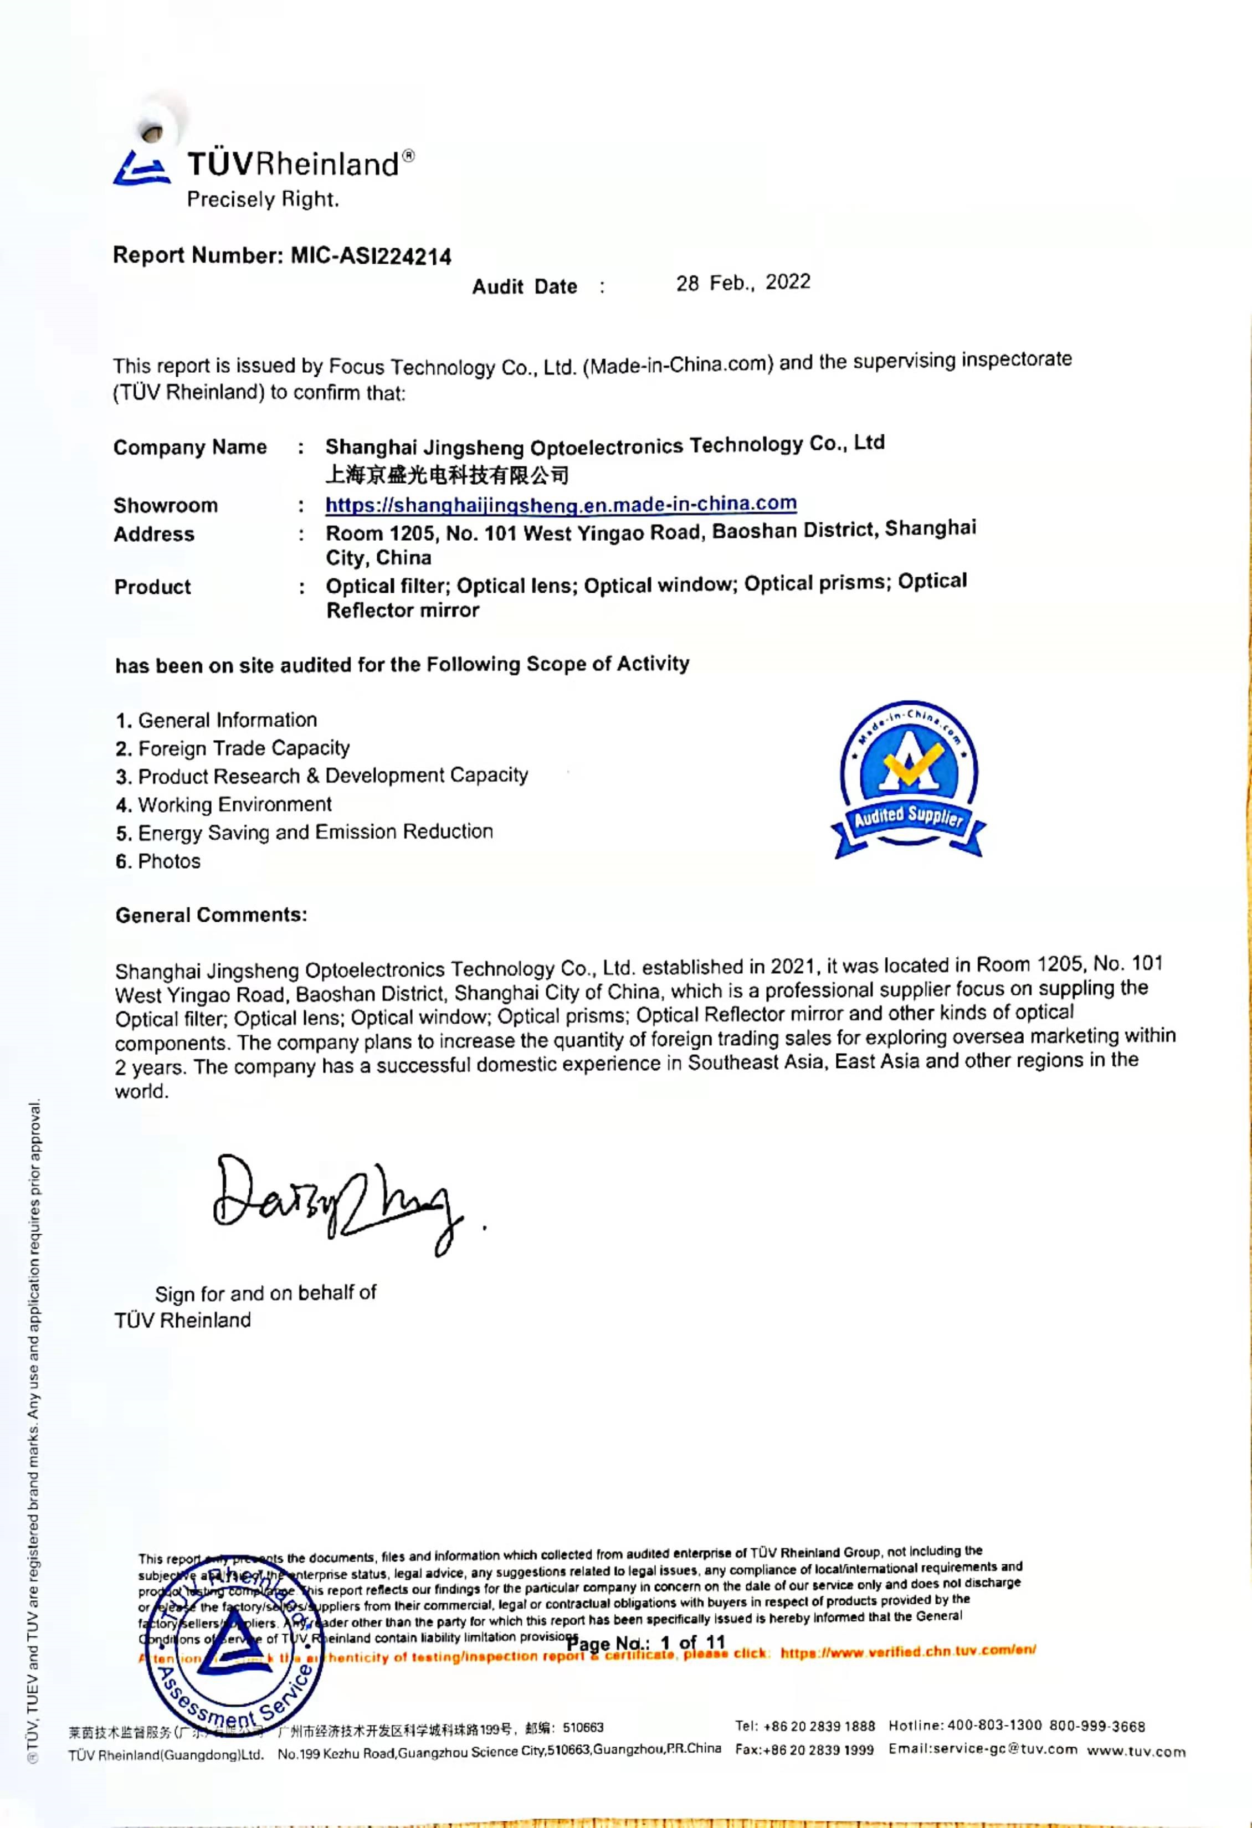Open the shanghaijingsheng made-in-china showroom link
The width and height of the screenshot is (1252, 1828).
pos(561,504)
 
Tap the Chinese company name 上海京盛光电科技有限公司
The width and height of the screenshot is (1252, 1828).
pos(447,475)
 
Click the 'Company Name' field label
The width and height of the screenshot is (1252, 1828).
pos(189,448)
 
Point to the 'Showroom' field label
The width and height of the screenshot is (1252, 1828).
pos(165,505)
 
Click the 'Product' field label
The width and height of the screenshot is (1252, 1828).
pos(152,587)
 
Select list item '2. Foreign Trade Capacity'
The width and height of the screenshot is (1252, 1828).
pos(232,748)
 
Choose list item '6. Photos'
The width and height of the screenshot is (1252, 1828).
pos(158,861)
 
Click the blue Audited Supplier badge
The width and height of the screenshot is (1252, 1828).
pos(909,779)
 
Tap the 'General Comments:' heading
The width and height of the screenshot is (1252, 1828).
pos(211,915)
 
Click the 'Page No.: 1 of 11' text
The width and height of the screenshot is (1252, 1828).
pos(645,1643)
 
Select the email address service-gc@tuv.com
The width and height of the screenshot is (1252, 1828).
pos(983,1749)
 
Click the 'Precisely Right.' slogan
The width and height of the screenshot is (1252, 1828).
pos(263,200)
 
